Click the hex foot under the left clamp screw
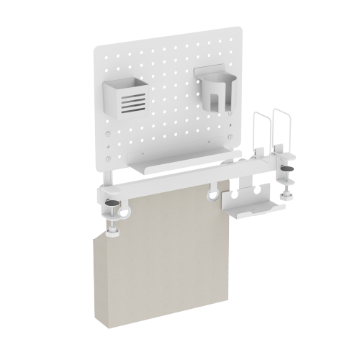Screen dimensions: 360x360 [113, 232]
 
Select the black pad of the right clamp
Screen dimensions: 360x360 [288, 168]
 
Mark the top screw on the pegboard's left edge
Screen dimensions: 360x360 [108, 141]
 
